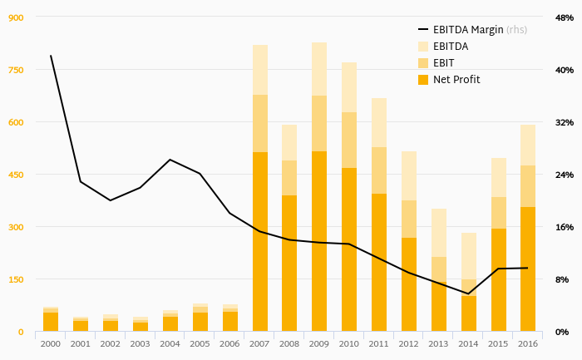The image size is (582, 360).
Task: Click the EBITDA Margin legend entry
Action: pos(468,30)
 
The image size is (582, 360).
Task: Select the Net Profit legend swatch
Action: pos(422,80)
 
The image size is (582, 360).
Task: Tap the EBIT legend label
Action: pos(444,63)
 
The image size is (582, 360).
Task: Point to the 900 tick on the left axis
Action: pos(15,17)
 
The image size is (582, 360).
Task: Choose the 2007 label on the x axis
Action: pos(259,343)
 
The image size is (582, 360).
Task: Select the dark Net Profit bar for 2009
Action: pos(319,241)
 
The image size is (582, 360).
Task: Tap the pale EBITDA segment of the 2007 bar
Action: pos(259,70)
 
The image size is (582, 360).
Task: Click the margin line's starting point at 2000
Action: pos(51,56)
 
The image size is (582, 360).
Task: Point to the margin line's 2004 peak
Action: pos(170,160)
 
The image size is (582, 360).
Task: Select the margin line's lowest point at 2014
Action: pos(468,293)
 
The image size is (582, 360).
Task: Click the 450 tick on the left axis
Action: pos(15,175)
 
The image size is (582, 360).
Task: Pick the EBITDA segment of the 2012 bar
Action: pos(409,175)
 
